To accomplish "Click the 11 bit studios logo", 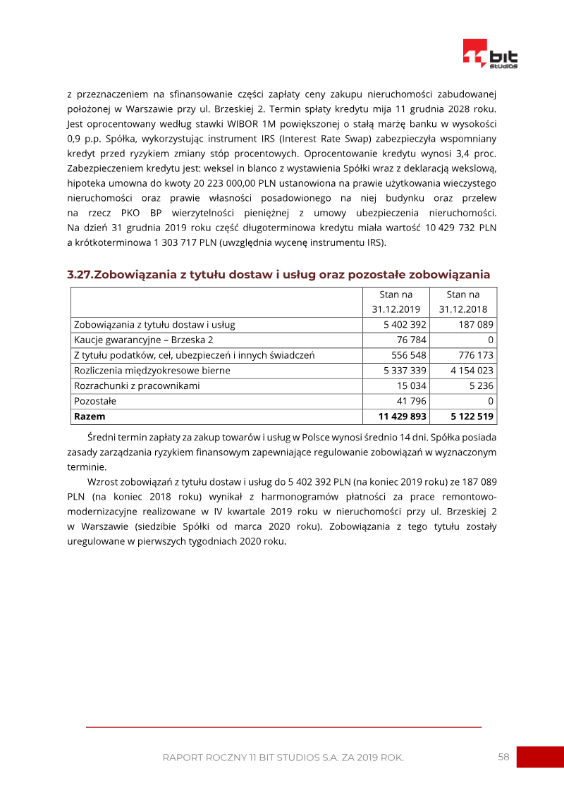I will coord(490,54).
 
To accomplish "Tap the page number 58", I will coord(503,757).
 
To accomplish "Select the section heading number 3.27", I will coord(80,274).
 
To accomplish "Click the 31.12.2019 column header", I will coord(396,302).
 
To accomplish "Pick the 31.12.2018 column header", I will coord(463,302).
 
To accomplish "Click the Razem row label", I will coord(90,416).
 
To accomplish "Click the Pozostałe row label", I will coord(95,401).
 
